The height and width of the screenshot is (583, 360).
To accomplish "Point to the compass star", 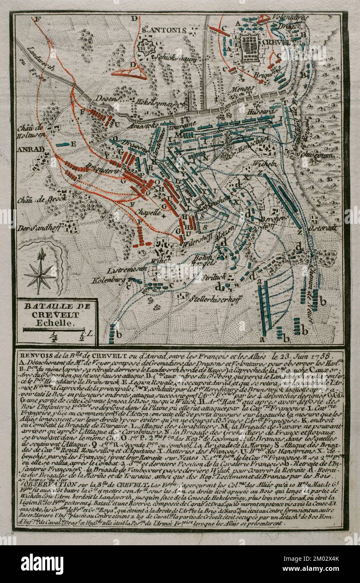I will (x=40, y=273).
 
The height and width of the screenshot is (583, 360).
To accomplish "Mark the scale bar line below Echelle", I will (x=54, y=330).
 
